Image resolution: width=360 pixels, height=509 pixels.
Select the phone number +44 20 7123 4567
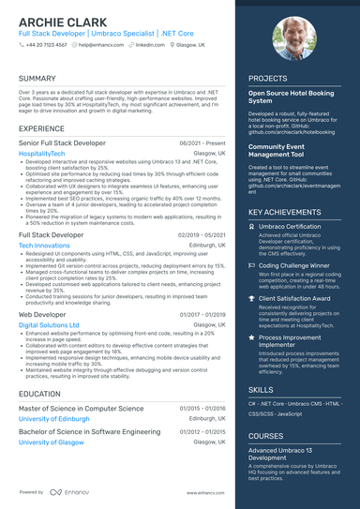click(46, 44)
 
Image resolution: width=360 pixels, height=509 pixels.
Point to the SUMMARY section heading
click(37, 79)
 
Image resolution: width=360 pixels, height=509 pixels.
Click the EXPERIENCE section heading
click(41, 127)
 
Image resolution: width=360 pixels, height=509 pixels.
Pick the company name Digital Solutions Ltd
click(49, 325)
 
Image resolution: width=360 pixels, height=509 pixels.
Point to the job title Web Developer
click(44, 316)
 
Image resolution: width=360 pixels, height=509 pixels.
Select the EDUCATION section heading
click(40, 395)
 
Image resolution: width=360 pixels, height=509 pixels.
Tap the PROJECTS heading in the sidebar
click(268, 79)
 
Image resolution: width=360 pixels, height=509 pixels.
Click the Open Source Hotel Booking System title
click(292, 97)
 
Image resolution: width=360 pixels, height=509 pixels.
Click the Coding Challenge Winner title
click(294, 265)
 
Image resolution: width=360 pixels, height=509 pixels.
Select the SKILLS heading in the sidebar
click(262, 388)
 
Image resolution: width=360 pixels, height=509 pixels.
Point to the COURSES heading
click(267, 436)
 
